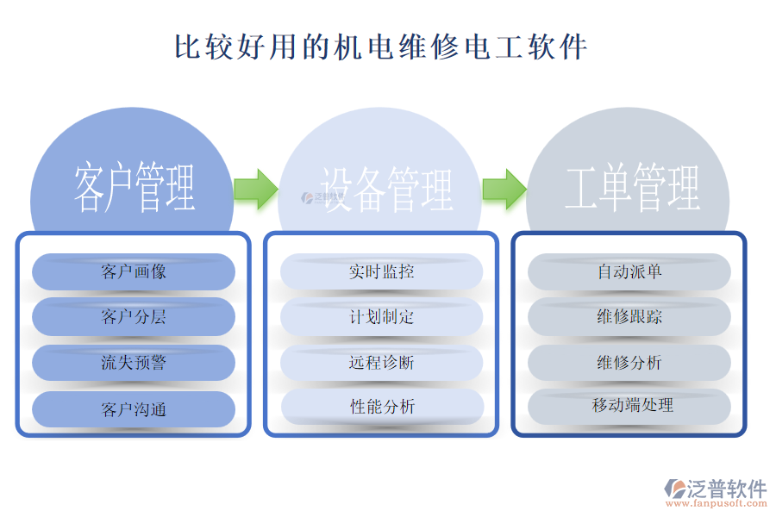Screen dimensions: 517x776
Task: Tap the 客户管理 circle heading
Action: click(134, 188)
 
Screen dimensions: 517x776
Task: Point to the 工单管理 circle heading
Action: click(632, 188)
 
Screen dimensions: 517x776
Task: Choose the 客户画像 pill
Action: click(134, 272)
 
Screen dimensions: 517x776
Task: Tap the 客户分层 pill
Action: click(134, 317)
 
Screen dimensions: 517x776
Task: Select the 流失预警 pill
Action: click(134, 363)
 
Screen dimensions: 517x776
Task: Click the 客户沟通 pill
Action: click(134, 409)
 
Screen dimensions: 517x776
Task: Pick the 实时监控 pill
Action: click(381, 271)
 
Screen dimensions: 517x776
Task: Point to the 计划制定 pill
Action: click(381, 317)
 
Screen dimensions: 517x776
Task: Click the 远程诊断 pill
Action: click(381, 363)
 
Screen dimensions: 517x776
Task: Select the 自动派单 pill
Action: click(629, 271)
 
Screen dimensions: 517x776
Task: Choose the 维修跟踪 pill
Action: click(629, 317)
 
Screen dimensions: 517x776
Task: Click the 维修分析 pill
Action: click(629, 363)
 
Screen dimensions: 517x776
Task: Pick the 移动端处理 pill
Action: click(629, 406)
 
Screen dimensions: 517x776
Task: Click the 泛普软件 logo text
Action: click(726, 489)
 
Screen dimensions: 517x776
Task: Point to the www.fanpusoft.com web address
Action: click(723, 506)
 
